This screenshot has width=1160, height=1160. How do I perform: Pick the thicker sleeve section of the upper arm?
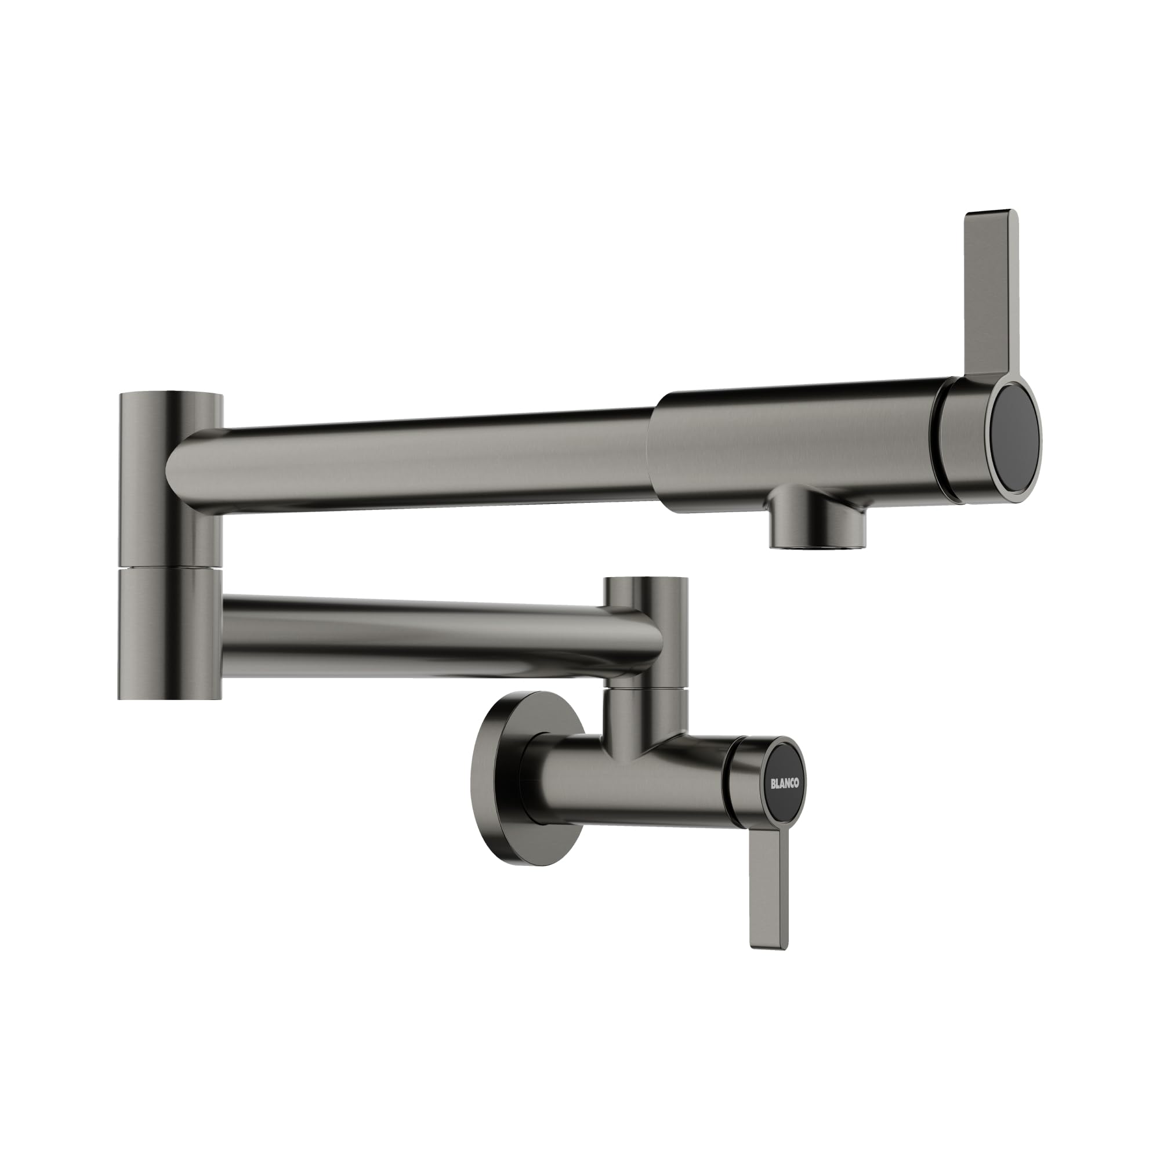coord(792,447)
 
